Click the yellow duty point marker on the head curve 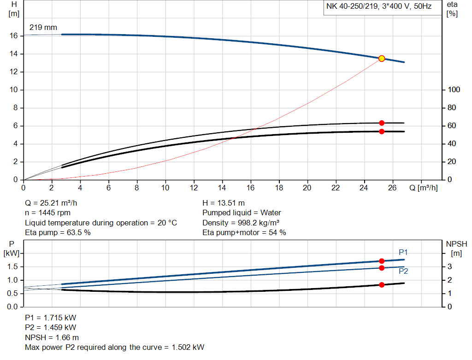(382, 59)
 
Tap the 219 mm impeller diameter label (43, 27)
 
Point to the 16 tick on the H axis (14, 36)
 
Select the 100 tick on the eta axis (452, 90)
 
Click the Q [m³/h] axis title (423, 188)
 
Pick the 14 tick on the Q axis (222, 188)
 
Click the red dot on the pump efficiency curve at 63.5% (382, 123)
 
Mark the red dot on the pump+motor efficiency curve (382, 132)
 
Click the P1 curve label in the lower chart (403, 252)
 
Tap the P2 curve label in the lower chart (403, 271)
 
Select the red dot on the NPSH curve (382, 285)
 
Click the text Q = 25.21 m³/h (54, 203)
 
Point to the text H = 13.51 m (224, 203)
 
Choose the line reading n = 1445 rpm (48, 213)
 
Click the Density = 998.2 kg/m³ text (241, 223)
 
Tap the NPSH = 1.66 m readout (52, 337)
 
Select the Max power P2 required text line (114, 347)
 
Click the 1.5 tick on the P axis (12, 267)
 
